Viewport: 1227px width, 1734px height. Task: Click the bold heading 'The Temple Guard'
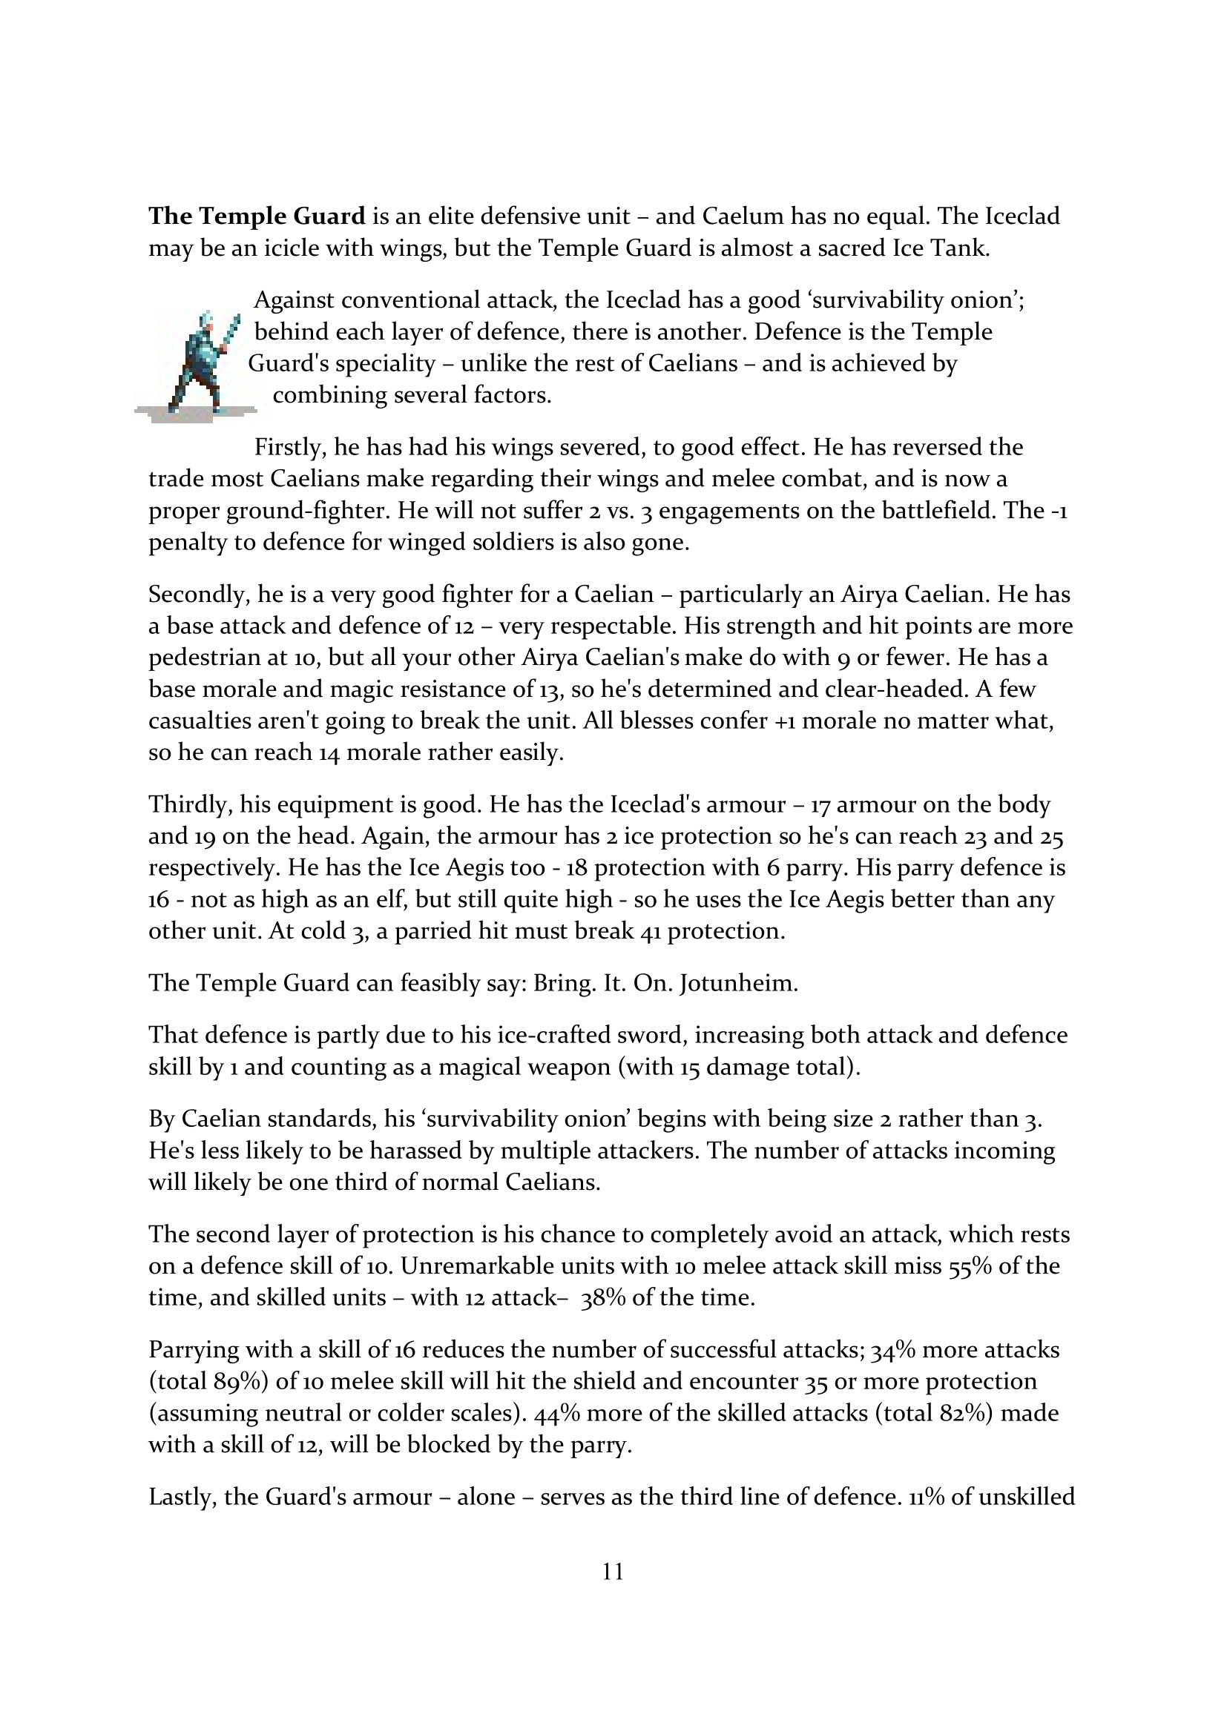coord(256,216)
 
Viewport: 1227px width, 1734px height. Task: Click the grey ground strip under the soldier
coord(195,413)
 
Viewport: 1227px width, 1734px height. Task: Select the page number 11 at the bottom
coord(613,1572)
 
